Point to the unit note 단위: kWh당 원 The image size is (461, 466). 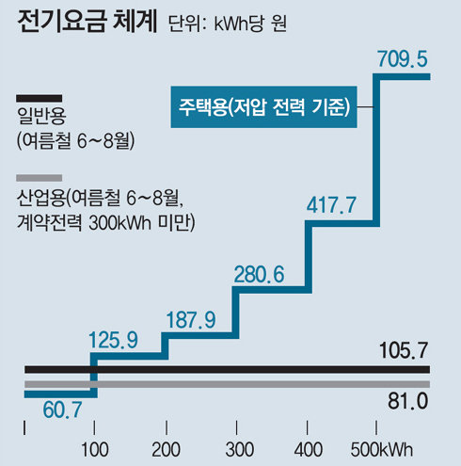pos(230,24)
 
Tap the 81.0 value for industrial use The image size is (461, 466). pos(408,402)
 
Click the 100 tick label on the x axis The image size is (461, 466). pos(93,445)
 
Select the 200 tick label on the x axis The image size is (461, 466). pos(166,445)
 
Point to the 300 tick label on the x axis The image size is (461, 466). pos(237,445)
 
